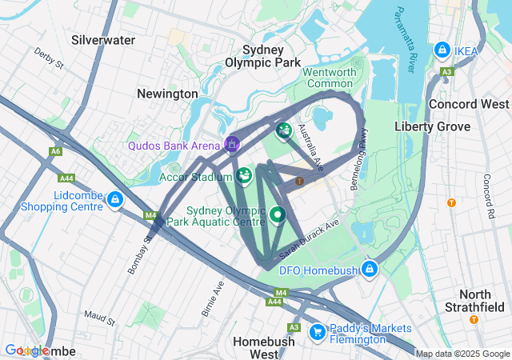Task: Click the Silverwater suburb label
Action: pyautogui.click(x=103, y=39)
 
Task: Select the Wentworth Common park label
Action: pyautogui.click(x=329, y=78)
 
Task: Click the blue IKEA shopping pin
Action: pyautogui.click(x=442, y=50)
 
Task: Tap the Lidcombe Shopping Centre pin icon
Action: pyautogui.click(x=115, y=199)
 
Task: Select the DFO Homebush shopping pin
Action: pyautogui.click(x=369, y=269)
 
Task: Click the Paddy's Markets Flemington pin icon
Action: pyautogui.click(x=317, y=330)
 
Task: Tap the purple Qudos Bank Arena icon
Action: pyautogui.click(x=231, y=144)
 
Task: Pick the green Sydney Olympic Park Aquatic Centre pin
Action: pyautogui.click(x=278, y=214)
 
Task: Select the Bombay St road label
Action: pyautogui.click(x=139, y=254)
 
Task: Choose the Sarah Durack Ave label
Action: pyautogui.click(x=310, y=238)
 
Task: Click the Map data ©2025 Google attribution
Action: pyautogui.click(x=462, y=354)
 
